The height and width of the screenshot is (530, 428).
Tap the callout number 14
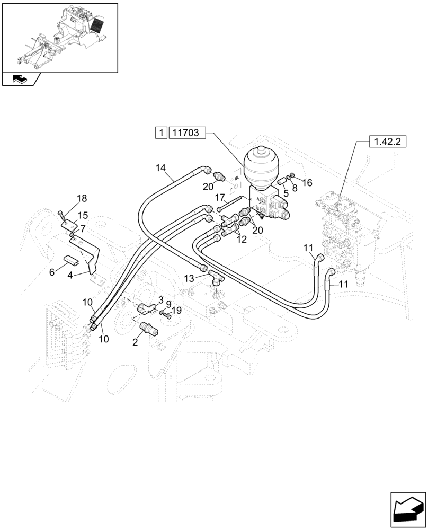(x=160, y=168)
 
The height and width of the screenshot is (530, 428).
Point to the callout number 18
(x=81, y=198)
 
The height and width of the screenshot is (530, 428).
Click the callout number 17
(x=220, y=197)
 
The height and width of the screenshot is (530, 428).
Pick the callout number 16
(x=307, y=182)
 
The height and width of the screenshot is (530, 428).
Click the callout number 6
(x=52, y=271)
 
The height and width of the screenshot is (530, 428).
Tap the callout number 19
(x=176, y=311)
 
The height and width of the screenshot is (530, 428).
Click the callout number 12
(x=241, y=239)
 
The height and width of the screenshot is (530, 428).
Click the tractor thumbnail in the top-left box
(x=60, y=37)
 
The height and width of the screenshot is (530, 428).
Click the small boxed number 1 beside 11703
(x=161, y=133)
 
